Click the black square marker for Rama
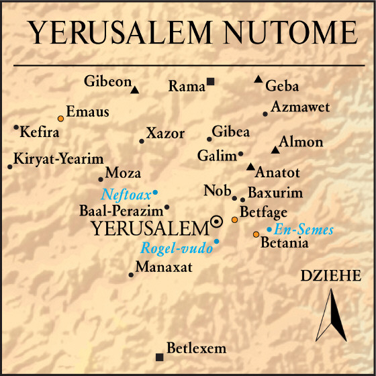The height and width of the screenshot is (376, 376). click(210, 81)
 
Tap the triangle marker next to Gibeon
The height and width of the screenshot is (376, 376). click(135, 89)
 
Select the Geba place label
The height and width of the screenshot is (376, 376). click(282, 86)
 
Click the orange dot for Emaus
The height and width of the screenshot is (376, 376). click(60, 118)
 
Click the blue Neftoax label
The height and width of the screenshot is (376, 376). click(126, 195)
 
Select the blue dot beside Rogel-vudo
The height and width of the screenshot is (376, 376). click(216, 240)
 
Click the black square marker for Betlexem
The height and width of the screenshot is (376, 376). click(159, 356)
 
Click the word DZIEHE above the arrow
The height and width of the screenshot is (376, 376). click(331, 276)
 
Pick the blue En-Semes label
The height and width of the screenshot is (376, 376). click(304, 230)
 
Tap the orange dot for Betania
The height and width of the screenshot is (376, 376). click(256, 234)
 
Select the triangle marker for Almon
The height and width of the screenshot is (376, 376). click(275, 150)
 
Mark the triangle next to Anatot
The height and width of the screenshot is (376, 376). click(250, 167)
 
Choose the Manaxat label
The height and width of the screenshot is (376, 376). click(164, 267)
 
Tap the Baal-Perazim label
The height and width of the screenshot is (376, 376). click(120, 210)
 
